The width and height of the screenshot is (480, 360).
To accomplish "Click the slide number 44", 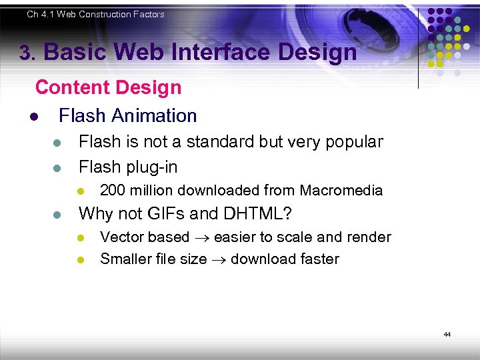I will tap(447, 334).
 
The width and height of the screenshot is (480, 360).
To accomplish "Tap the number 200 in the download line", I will tap(111, 191).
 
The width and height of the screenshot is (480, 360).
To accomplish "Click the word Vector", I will tap(121, 237).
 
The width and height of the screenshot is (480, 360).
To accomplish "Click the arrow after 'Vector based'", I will tap(202, 238).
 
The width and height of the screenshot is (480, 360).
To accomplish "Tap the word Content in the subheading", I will tap(71, 87).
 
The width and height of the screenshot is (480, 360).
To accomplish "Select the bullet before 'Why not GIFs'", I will tap(57, 215).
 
